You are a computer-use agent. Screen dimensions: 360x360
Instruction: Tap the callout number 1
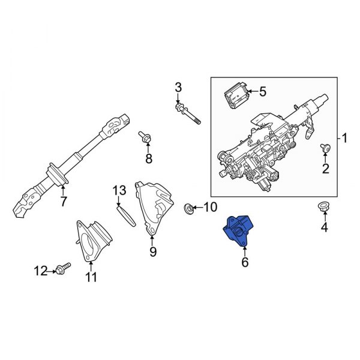point(344,139)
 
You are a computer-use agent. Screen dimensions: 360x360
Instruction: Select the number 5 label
point(262,92)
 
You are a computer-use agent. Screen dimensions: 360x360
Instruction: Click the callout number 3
point(178,89)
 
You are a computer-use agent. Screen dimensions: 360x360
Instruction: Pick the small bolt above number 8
point(146,137)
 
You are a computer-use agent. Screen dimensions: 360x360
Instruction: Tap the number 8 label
point(149,158)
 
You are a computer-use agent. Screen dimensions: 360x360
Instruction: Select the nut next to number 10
point(188,208)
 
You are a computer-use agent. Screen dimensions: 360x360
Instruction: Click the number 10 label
point(209,208)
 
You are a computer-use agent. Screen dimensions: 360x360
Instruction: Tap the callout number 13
point(119,191)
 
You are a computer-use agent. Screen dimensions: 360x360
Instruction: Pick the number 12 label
point(40,271)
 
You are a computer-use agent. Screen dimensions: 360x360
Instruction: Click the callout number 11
point(91,277)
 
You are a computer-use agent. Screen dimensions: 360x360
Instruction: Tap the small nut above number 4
point(322,208)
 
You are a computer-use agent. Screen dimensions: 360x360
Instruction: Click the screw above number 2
point(325,148)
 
